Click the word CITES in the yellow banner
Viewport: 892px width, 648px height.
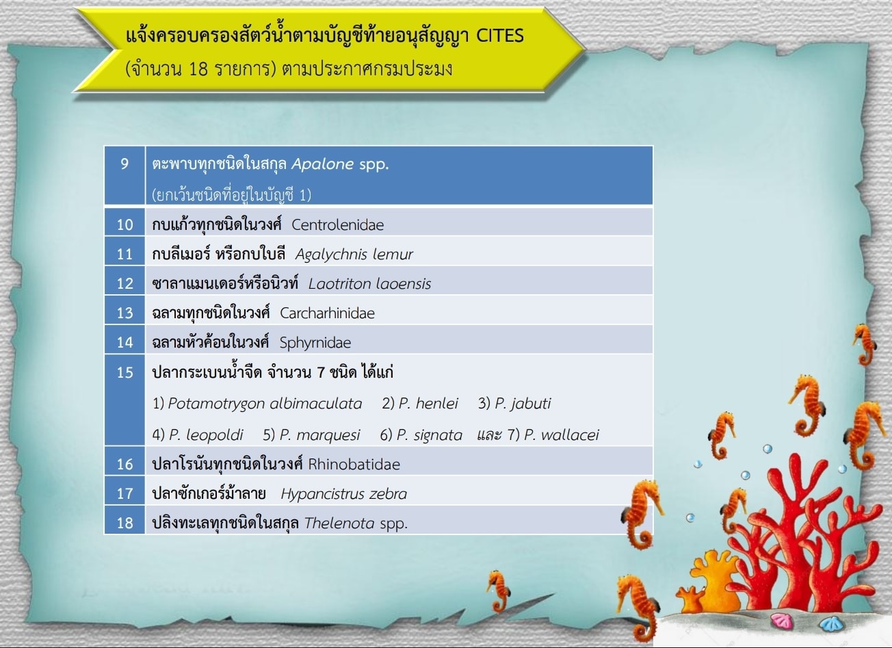pos(500,36)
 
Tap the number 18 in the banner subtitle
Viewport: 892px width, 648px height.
pos(198,68)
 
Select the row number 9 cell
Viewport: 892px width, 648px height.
pos(124,175)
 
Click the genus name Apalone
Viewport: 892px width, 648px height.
pos(323,164)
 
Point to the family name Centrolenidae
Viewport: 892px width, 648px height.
pos(338,225)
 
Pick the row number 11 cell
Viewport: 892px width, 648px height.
pos(124,254)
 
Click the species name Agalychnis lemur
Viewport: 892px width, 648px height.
pos(354,255)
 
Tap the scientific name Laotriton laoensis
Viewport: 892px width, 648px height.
pos(369,284)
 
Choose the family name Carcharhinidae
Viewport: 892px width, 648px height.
pos(328,313)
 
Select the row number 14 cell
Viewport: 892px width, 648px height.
pos(124,342)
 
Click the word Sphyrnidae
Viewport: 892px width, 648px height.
pos(315,344)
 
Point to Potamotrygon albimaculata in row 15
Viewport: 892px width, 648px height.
pos(265,404)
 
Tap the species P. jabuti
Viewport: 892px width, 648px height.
pos(523,404)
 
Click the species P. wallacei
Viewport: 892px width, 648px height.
pos(562,435)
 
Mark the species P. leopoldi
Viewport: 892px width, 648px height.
pos(206,435)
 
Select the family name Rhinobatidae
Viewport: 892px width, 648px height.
pos(354,465)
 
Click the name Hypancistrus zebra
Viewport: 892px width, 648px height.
pos(344,494)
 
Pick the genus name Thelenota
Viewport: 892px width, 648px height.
pos(339,523)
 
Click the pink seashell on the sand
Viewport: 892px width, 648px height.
pos(783,621)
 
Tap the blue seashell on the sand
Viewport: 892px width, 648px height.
pos(832,623)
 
